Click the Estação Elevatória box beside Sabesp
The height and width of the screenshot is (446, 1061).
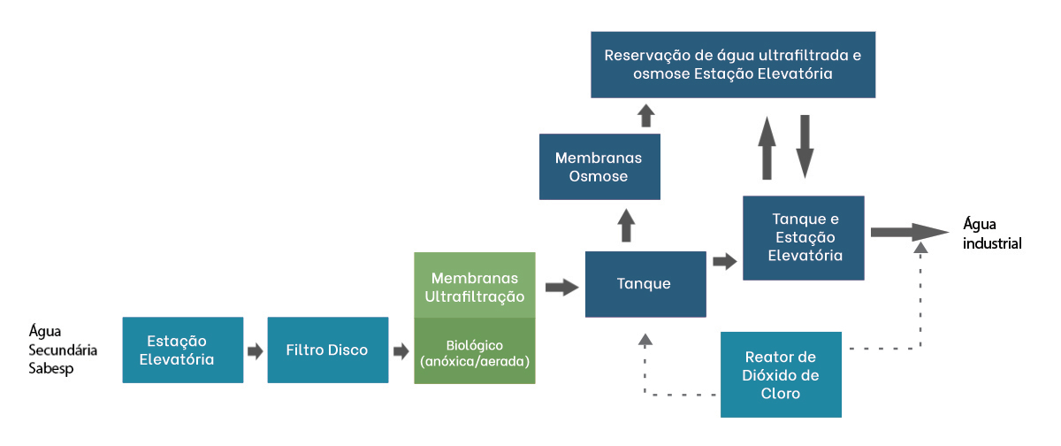(182, 350)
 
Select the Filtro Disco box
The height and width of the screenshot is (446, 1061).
(327, 350)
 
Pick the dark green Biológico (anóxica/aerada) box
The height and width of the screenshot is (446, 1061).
(475, 351)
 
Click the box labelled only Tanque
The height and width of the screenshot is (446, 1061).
(645, 284)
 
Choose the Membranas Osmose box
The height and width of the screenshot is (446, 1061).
(599, 166)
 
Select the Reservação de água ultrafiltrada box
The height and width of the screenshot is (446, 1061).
(732, 65)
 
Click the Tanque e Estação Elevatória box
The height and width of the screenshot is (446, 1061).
(804, 237)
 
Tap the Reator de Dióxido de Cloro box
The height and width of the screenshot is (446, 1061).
(781, 374)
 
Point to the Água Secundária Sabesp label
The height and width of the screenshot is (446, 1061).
(62, 350)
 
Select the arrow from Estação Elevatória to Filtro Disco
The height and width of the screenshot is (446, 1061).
(255, 351)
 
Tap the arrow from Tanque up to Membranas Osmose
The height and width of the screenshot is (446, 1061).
(627, 226)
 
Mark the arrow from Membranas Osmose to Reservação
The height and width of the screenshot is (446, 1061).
(646, 115)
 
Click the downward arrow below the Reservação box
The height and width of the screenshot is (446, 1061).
(805, 145)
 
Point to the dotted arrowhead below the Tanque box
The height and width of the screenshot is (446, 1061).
(645, 339)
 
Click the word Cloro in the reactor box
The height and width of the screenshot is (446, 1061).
(781, 394)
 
